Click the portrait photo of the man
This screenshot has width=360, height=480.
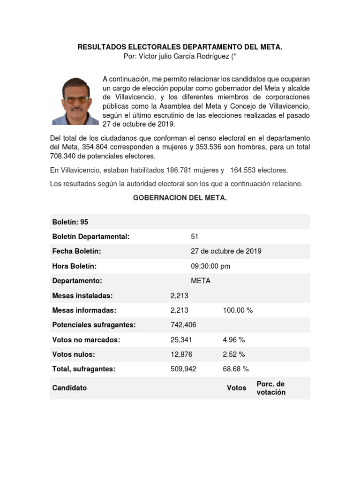(x=75, y=100)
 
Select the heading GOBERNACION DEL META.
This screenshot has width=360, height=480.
(x=180, y=198)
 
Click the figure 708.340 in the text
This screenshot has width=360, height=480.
(x=63, y=156)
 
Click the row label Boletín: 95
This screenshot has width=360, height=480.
(x=70, y=222)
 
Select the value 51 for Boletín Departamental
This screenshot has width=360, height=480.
(x=195, y=237)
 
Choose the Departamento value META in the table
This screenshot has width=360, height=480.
(x=201, y=281)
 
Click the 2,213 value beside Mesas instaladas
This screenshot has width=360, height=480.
(x=180, y=296)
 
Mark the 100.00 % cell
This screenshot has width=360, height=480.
(x=238, y=310)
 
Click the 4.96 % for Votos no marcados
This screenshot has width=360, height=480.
(x=234, y=340)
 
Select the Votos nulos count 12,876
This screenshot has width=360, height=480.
(x=181, y=354)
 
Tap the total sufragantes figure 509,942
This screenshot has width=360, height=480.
(x=184, y=369)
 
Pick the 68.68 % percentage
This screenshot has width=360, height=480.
(x=236, y=369)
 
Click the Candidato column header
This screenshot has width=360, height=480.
(x=69, y=388)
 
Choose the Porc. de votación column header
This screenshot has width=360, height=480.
(x=271, y=388)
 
